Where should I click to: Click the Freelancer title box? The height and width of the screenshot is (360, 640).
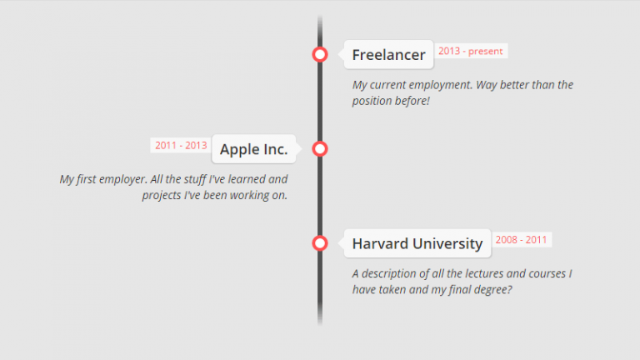pos(388,55)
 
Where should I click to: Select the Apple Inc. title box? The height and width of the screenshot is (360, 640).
pos(254,150)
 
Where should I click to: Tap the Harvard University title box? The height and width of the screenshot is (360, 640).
pos(417,243)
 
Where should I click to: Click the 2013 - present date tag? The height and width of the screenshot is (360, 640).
pos(471,52)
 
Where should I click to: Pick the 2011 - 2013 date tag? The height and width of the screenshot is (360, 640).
pos(181,145)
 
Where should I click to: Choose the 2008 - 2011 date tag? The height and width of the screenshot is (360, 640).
pos(522,240)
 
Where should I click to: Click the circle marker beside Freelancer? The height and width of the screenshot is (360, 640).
pos(320,55)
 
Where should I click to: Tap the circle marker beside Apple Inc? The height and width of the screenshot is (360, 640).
pos(320,149)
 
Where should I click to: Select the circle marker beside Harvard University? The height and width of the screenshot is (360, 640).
pos(320,243)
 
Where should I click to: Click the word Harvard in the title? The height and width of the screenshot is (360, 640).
pos(380,243)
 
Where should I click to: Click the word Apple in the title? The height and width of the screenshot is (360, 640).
pos(239,150)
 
